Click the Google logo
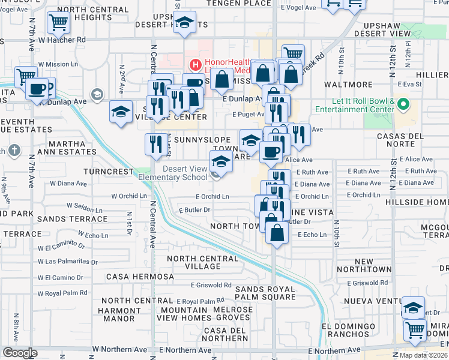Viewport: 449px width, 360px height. coord(19,353)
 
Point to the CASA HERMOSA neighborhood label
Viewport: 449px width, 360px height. coord(140,277)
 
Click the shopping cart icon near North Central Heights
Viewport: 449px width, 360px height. coord(58,23)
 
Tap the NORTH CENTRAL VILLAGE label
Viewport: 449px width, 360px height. coord(198,262)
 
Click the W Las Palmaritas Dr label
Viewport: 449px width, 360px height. coord(67,262)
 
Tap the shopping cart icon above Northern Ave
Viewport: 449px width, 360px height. coord(414,329)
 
